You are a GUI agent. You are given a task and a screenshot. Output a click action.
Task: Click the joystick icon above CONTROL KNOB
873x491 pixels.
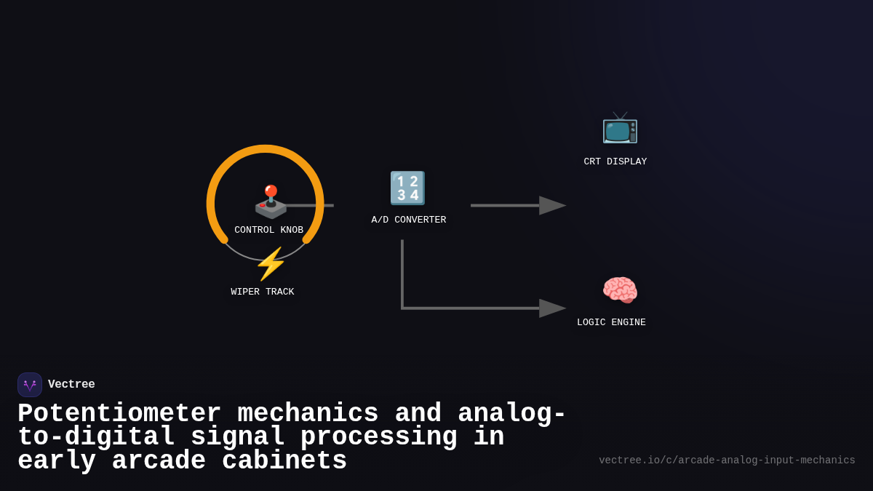tap(270, 201)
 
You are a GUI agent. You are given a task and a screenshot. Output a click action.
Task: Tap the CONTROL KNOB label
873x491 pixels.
tap(268, 230)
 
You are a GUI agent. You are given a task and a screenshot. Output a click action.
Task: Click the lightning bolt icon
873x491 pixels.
tap(270, 264)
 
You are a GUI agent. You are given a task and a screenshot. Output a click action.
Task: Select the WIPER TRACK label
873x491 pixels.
tap(263, 292)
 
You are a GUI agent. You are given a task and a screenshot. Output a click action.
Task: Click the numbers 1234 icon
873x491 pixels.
tap(407, 188)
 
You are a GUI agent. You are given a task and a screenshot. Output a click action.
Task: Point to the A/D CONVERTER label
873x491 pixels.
tap(408, 220)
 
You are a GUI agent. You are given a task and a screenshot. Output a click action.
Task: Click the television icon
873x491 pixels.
tap(619, 129)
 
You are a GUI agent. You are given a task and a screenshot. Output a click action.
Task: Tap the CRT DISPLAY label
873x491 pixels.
tap(615, 161)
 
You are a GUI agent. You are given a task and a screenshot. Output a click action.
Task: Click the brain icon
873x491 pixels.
tap(619, 291)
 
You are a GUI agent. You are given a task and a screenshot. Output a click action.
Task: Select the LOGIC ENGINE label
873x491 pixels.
tap(611, 322)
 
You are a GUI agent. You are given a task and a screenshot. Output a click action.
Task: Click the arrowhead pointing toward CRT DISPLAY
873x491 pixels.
tap(552, 206)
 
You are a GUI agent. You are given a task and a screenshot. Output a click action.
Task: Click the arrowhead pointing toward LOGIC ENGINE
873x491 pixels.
tap(552, 308)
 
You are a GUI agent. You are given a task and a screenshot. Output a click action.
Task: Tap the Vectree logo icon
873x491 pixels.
tap(30, 385)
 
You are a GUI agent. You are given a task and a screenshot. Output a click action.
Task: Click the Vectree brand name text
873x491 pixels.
tap(71, 384)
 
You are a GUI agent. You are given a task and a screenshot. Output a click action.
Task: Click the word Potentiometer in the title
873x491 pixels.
tap(119, 414)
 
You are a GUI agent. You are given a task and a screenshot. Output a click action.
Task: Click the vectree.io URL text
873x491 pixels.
tap(727, 460)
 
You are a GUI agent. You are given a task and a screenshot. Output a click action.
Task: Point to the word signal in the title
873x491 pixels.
tap(237, 437)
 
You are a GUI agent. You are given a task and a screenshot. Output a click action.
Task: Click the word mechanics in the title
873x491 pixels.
tap(308, 414)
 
